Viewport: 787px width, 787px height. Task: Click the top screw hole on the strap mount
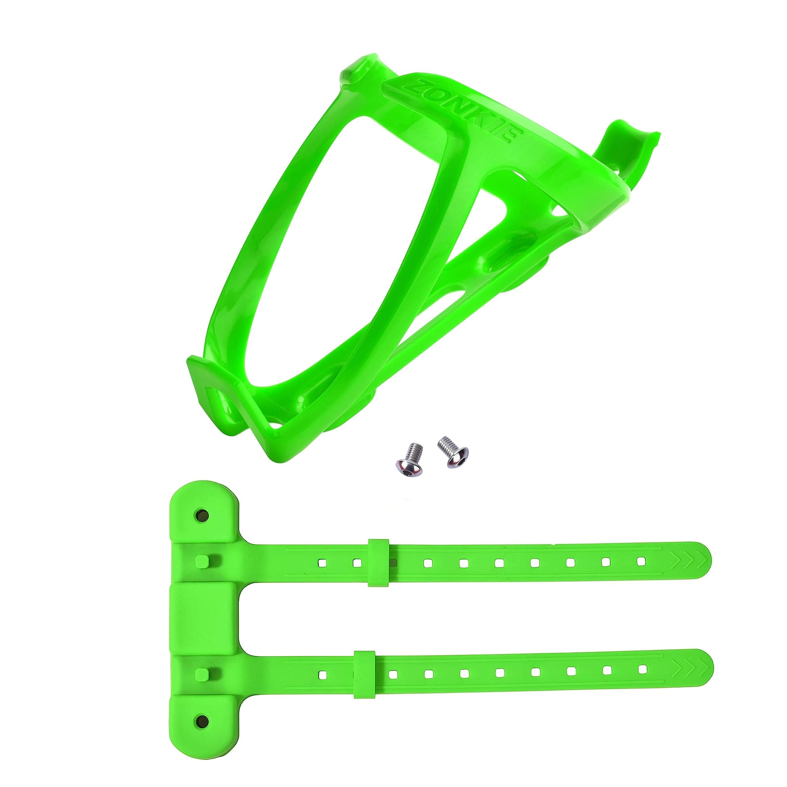pyautogui.click(x=201, y=515)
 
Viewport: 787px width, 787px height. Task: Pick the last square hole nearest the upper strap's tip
pyautogui.click(x=642, y=561)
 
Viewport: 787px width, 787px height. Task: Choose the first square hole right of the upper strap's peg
pyautogui.click(x=321, y=563)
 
